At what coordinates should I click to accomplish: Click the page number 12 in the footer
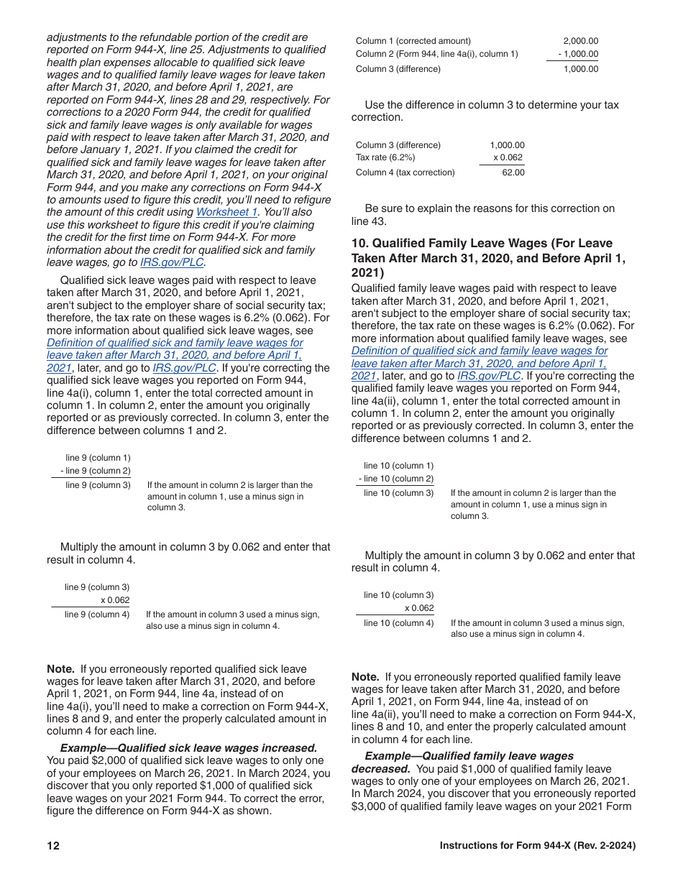tap(53, 846)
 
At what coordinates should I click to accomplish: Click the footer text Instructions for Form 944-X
tap(537, 846)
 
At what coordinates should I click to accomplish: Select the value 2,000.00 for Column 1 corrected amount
tap(580, 41)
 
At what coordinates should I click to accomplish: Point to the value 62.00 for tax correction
tap(513, 172)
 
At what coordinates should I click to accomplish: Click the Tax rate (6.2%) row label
tap(385, 157)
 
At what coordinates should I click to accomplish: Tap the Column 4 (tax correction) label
tap(405, 172)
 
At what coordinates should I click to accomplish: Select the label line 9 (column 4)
tap(97, 614)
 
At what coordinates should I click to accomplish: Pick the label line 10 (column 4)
tap(398, 623)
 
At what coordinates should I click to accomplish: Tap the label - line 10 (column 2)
tap(396, 479)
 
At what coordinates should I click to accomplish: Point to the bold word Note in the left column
tap(60, 668)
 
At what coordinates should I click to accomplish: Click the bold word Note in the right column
tap(365, 677)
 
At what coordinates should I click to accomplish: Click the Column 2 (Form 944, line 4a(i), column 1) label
tap(436, 54)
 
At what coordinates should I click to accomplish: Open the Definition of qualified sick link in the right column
tap(480, 351)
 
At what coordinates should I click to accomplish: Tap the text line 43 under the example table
tap(369, 221)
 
